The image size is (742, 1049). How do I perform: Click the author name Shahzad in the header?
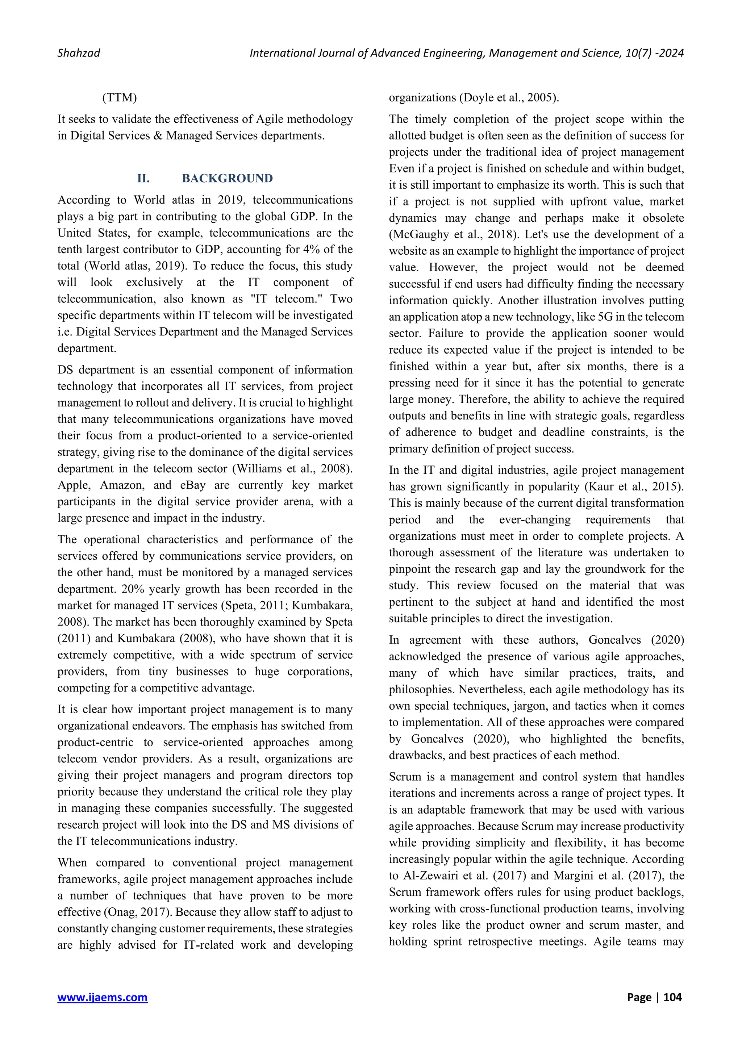point(79,53)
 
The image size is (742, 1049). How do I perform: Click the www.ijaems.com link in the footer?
point(102,997)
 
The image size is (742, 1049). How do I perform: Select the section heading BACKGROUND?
point(227,178)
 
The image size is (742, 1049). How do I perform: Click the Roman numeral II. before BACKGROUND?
point(143,178)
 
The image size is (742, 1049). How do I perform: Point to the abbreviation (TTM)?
point(120,98)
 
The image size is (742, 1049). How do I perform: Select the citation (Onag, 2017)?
point(138,912)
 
